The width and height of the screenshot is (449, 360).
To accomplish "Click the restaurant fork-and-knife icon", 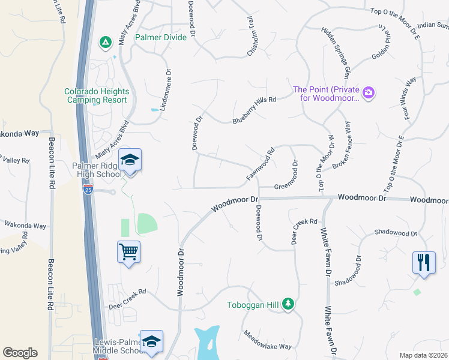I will point(423,262).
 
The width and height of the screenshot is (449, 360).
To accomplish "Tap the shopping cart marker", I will point(129,251).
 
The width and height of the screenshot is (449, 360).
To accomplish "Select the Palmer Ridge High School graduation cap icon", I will point(130,160).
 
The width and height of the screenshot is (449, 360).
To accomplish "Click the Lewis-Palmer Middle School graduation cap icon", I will point(152,341).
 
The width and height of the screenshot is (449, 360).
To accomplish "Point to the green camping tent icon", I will point(105,42).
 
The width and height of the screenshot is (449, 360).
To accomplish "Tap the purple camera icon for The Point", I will point(368,92).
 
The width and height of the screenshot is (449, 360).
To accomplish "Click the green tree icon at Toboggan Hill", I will point(289,304).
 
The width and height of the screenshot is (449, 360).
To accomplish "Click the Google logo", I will point(20,353).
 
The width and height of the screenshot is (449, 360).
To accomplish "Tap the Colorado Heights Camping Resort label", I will point(97,95).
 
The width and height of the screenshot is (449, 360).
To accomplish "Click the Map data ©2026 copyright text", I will point(423,355).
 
